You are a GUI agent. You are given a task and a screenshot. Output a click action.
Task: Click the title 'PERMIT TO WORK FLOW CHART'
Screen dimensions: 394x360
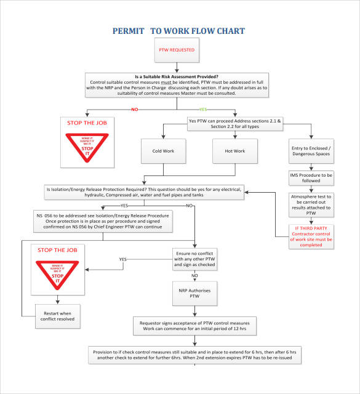(x=179, y=31)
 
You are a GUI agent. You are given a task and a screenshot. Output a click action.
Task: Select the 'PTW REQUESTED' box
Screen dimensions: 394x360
(x=177, y=50)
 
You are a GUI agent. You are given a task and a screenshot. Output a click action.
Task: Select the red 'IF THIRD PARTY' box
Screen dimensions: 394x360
(x=313, y=235)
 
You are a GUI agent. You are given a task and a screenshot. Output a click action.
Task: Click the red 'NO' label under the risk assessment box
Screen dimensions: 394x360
(x=133, y=110)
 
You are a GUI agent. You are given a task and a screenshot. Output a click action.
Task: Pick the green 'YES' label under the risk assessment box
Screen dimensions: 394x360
(x=220, y=110)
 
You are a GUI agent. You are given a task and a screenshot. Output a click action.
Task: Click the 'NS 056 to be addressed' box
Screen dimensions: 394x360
(x=102, y=220)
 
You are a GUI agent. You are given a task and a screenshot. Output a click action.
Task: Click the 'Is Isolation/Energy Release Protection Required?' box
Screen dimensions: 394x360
(x=145, y=191)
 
